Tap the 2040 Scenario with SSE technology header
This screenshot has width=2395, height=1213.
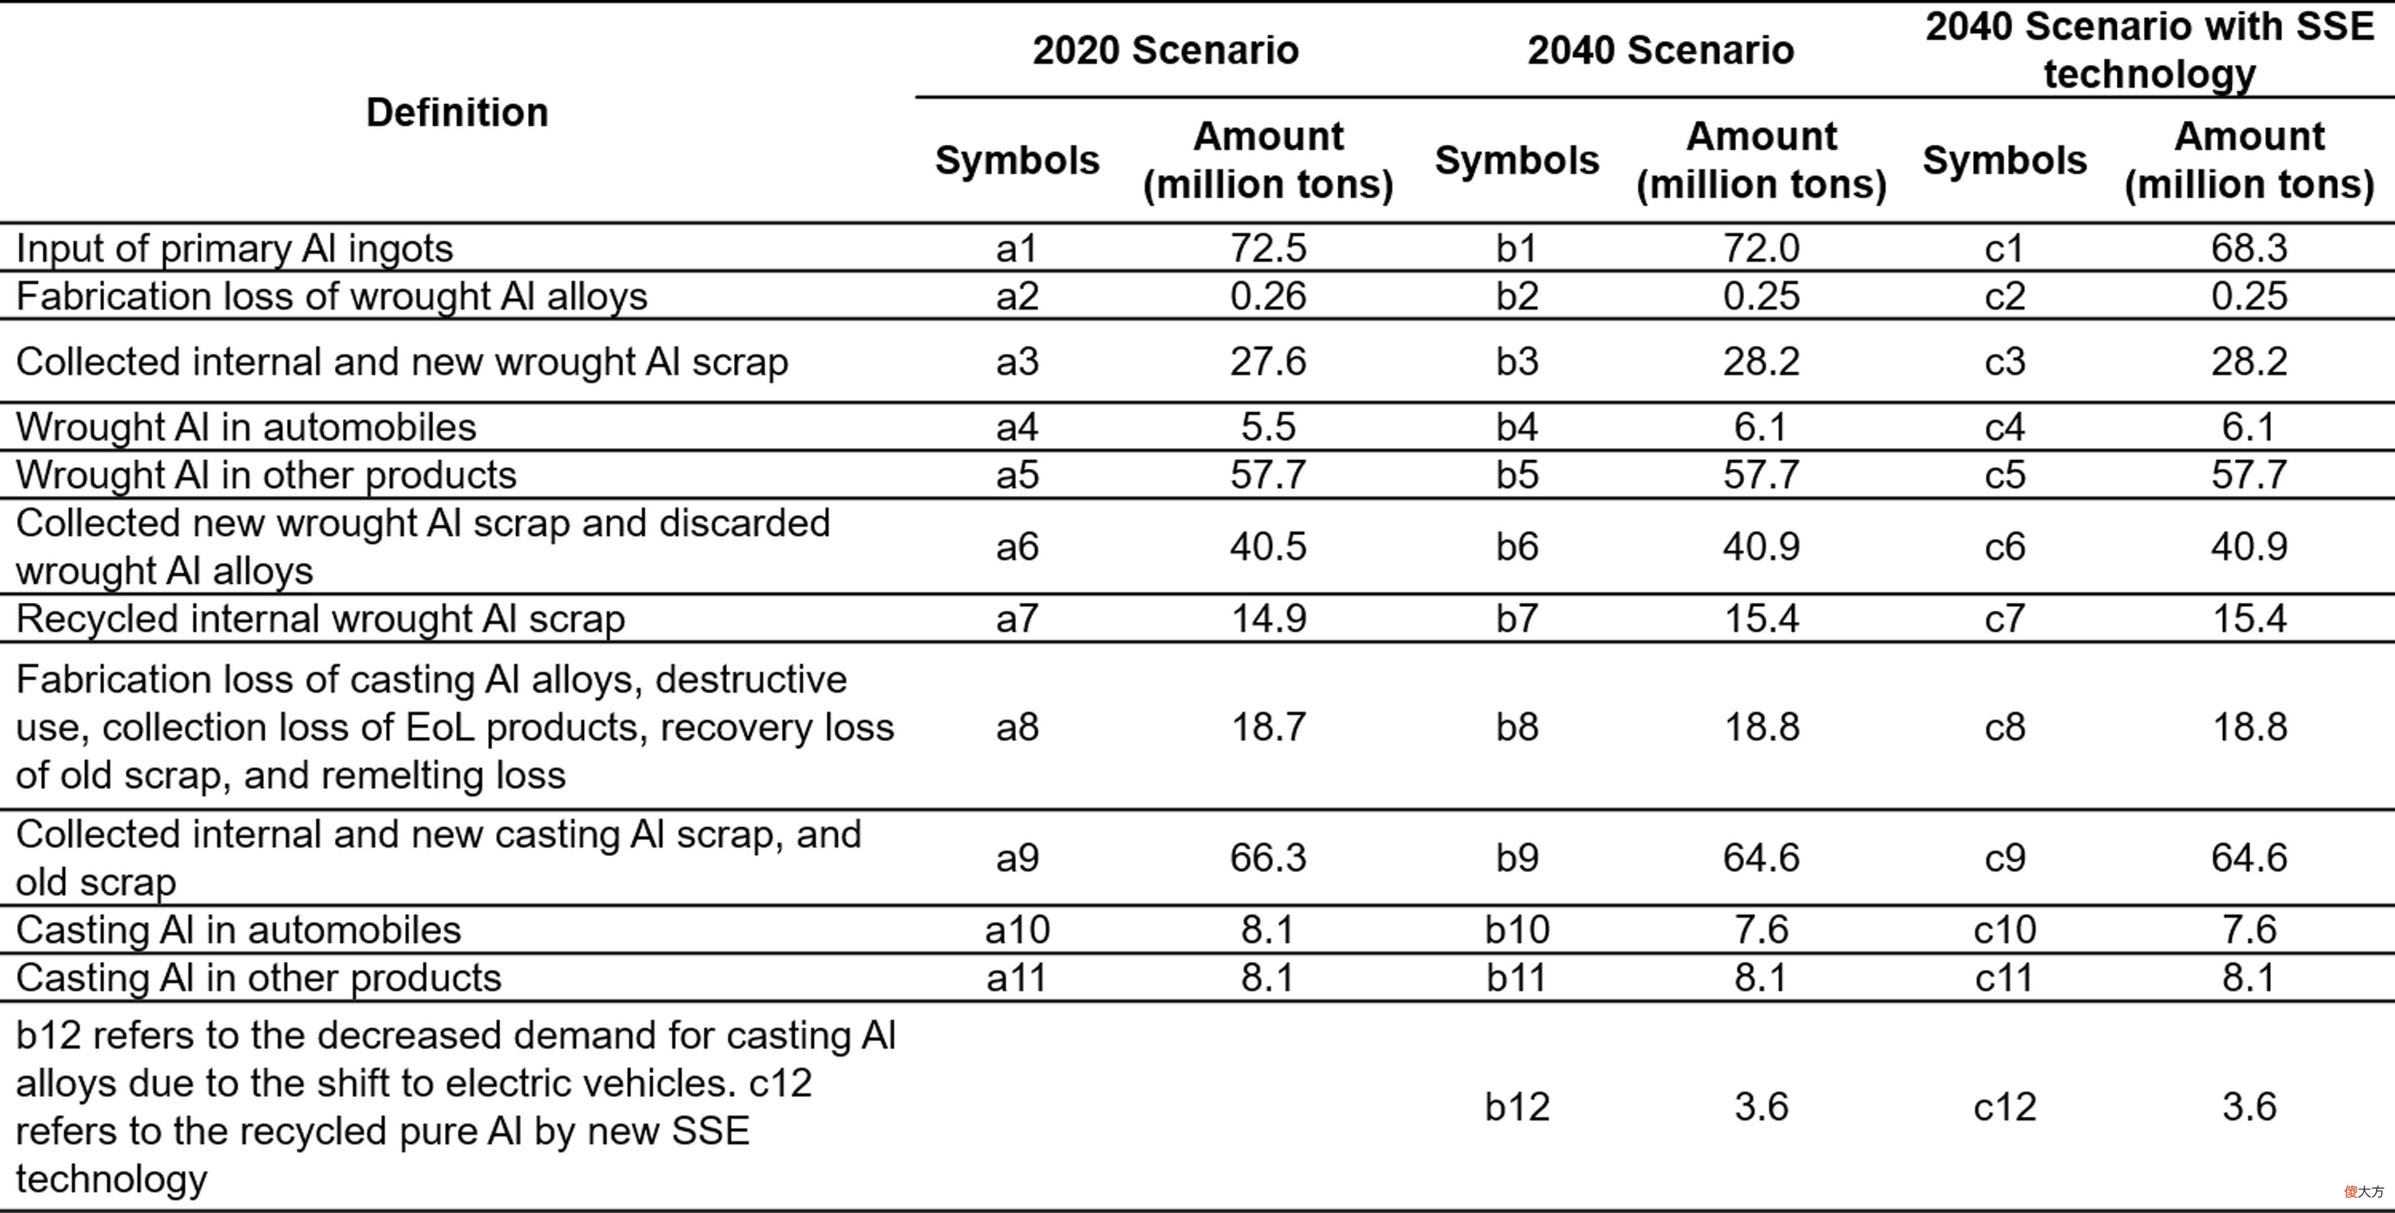(2149, 50)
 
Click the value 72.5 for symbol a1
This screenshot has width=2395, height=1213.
(1268, 248)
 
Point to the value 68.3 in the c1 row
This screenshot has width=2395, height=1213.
(2249, 248)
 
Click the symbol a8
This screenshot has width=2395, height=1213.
(1017, 727)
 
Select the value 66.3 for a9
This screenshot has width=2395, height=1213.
(1268, 857)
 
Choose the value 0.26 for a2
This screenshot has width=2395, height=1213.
(1268, 296)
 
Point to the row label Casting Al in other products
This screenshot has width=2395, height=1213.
(259, 978)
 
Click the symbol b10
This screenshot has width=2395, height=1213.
(1516, 930)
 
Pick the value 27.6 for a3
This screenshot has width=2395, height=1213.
(1268, 362)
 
